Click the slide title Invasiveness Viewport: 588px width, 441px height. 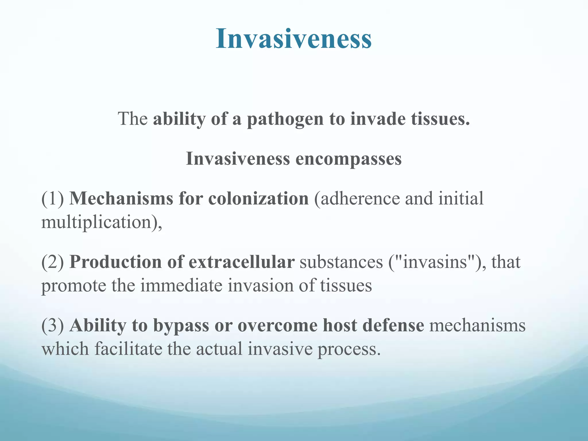pos(294,39)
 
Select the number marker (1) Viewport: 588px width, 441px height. pos(53,198)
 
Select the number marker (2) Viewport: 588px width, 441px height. pos(53,262)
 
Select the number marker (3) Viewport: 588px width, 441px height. pos(53,326)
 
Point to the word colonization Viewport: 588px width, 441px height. pos(258,198)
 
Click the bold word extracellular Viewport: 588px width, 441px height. pos(241,262)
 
